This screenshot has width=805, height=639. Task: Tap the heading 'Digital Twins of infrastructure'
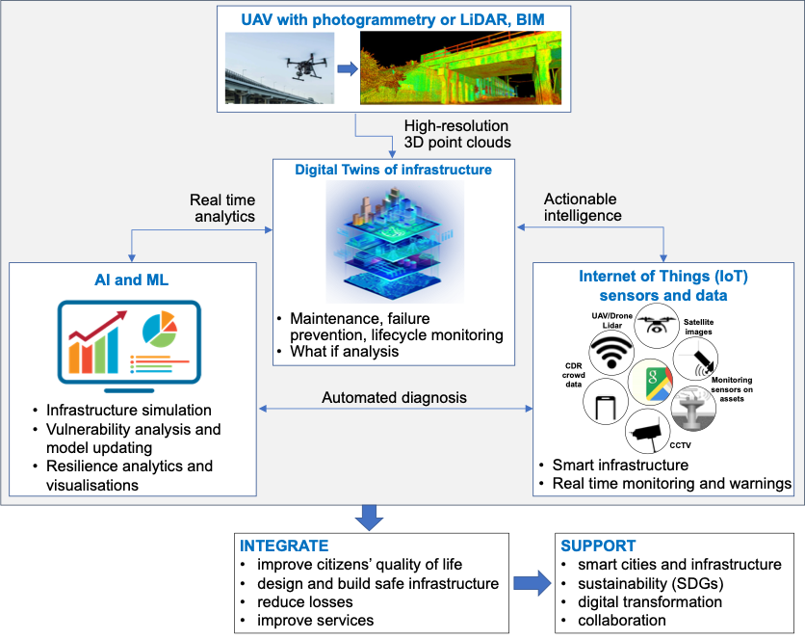click(393, 170)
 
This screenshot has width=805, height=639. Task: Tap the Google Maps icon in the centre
click(651, 383)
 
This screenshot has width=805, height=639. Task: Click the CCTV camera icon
click(647, 435)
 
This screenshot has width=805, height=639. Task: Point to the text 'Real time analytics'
click(222, 207)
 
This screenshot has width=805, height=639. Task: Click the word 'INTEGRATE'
click(284, 546)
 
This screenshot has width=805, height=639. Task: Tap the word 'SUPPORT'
click(598, 546)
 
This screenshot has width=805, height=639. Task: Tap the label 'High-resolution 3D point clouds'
click(456, 134)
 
